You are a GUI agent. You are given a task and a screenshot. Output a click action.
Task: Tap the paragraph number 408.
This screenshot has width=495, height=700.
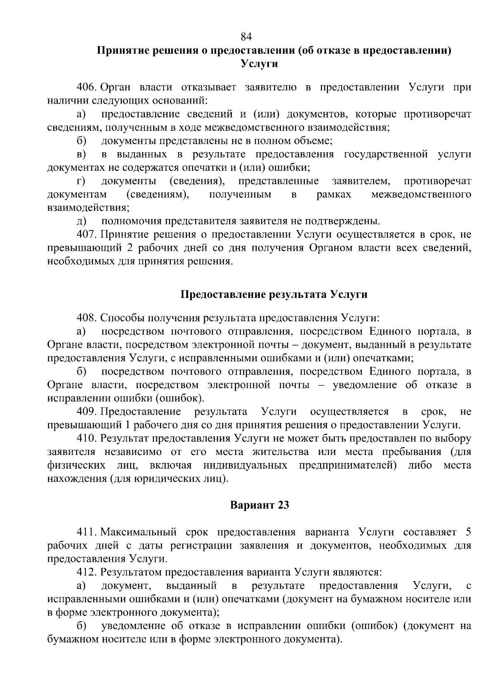coord(87,318)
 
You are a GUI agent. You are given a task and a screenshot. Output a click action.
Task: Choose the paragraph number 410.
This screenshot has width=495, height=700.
coord(87,438)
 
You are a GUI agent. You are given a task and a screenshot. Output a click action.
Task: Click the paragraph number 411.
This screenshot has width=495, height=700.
coord(86,532)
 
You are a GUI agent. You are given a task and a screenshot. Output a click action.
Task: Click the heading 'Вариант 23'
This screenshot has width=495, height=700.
coord(259,505)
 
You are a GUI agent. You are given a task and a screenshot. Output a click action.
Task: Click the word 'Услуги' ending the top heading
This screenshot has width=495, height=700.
coord(259,64)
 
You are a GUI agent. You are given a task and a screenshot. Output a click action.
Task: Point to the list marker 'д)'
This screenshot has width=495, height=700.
coord(81,221)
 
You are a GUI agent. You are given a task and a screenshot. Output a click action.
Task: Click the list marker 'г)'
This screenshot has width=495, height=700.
coord(81,181)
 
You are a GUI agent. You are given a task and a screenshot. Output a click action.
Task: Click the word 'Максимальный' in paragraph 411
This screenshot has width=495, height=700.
coord(138,532)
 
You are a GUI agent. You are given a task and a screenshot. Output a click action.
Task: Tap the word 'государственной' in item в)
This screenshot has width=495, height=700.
coord(385,154)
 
